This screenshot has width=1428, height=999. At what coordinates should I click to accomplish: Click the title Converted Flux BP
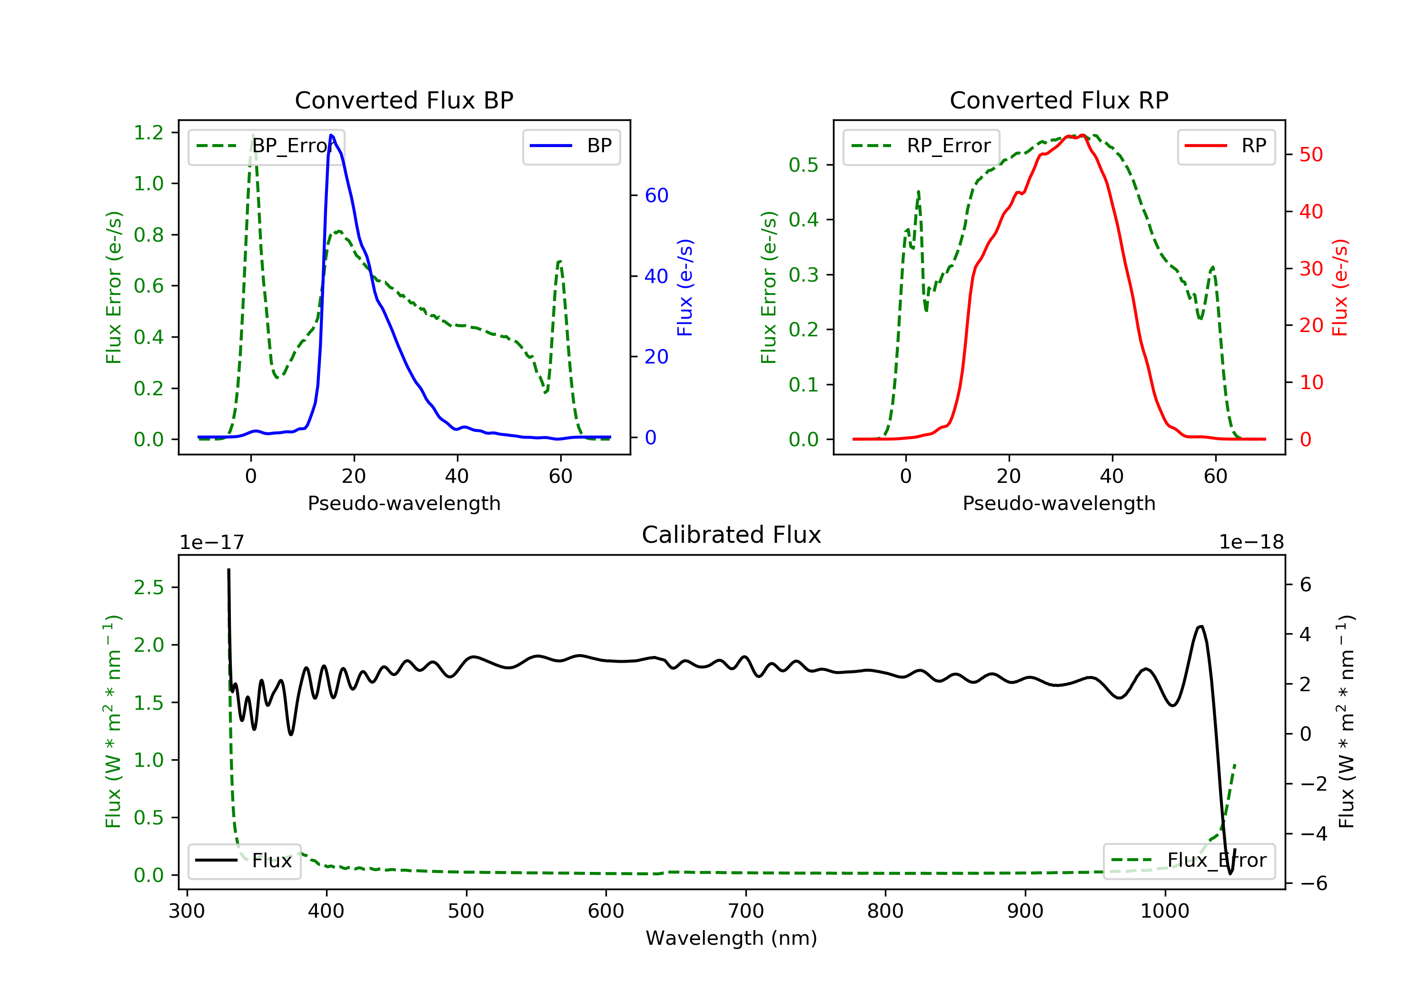coord(404,100)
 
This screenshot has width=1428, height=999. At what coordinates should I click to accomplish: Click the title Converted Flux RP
coord(1059,100)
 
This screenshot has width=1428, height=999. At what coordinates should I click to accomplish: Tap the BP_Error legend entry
coord(266,146)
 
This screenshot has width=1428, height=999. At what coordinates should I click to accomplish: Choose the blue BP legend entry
coord(571,146)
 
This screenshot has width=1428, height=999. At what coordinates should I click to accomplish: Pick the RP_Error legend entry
coord(921,146)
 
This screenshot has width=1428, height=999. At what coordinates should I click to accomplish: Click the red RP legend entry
coord(1226,146)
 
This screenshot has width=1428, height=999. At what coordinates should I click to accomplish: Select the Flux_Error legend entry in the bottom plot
coord(1189,861)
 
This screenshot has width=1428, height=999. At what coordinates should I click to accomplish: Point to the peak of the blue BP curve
coord(331,135)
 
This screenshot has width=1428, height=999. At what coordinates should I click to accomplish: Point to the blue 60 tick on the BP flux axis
coord(656,195)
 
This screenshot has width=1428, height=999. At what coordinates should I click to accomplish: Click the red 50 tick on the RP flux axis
coord(1311,154)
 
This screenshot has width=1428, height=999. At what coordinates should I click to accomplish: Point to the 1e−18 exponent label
coord(1251,542)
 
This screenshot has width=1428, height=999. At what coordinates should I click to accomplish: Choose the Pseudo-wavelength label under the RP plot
coord(1059,503)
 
